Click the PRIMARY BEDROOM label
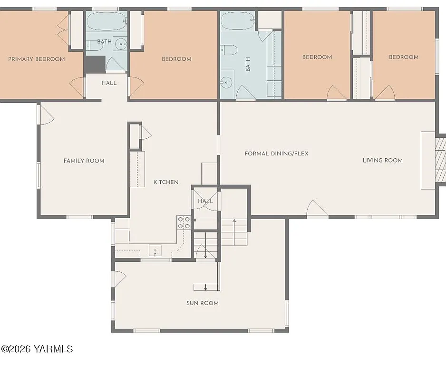37,59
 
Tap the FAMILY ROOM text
84,161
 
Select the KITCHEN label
166,182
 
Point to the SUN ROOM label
203,303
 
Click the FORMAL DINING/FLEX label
276,154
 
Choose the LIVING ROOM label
382,160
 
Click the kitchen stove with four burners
184,222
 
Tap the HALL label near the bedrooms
109,83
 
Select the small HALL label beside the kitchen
205,201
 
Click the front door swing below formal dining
317,209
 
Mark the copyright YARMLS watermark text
37,349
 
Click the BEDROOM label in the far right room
404,57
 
